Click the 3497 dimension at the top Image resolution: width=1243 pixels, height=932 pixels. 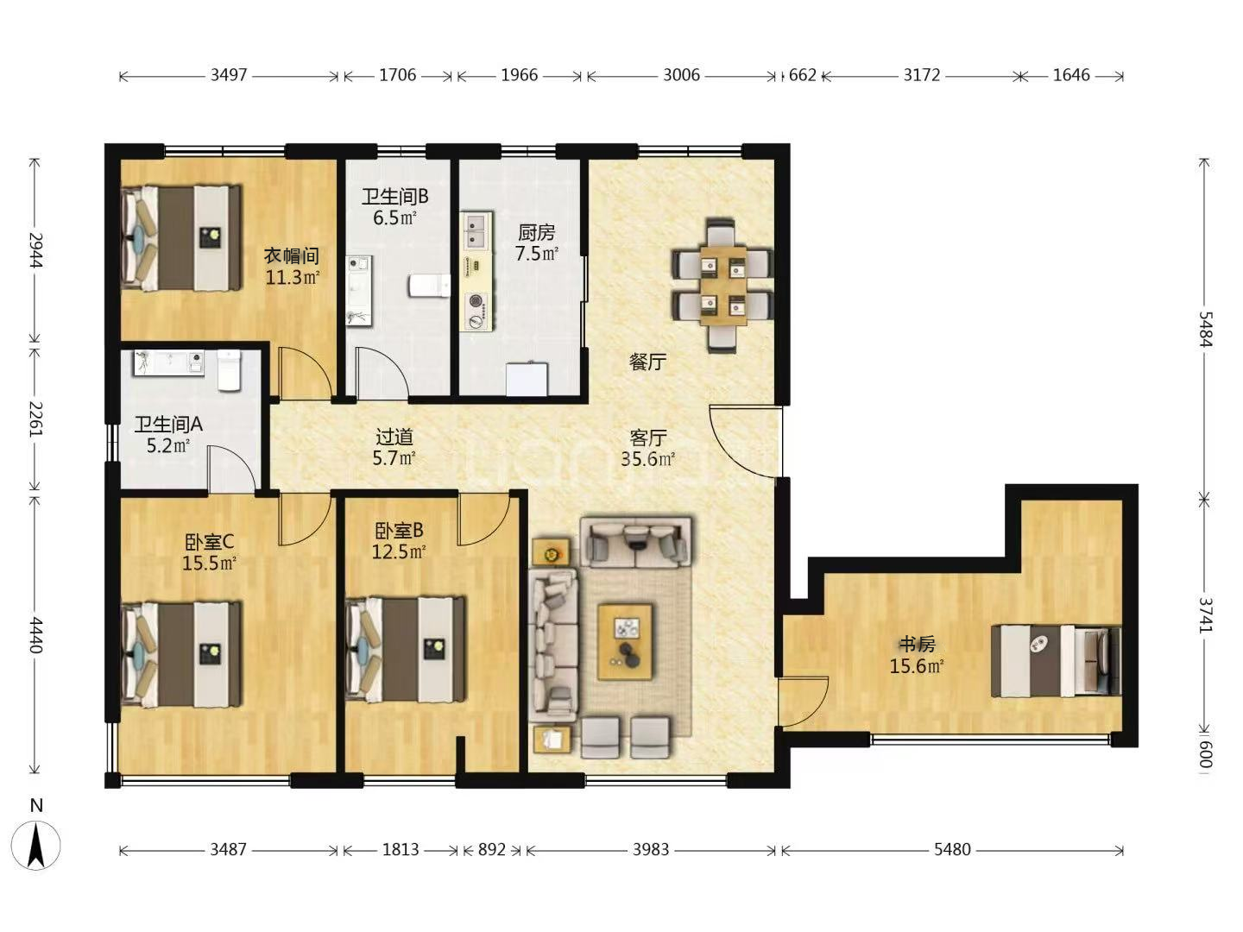(229, 75)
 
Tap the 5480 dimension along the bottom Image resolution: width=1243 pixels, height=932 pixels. (952, 849)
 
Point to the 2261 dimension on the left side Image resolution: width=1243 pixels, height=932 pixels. (35, 419)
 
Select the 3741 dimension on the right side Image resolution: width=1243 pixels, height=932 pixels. (1204, 614)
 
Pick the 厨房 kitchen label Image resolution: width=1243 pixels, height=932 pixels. (536, 232)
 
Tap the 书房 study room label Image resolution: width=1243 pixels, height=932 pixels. (918, 644)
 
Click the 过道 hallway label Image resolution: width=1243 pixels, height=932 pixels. (394, 437)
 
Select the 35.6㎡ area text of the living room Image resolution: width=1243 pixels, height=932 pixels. (648, 459)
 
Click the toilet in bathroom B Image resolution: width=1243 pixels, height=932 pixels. (429, 286)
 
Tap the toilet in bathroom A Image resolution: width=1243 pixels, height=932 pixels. (230, 370)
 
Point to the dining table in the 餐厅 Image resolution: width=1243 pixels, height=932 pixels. (722, 286)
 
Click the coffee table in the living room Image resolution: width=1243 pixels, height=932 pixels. (625, 642)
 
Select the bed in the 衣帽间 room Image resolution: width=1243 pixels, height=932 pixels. (181, 238)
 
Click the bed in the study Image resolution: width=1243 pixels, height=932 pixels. (1057, 661)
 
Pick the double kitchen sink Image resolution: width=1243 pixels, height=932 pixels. (476, 231)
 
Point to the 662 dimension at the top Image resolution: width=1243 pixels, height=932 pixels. (803, 75)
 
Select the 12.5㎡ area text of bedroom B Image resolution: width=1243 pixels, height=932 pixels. (399, 551)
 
